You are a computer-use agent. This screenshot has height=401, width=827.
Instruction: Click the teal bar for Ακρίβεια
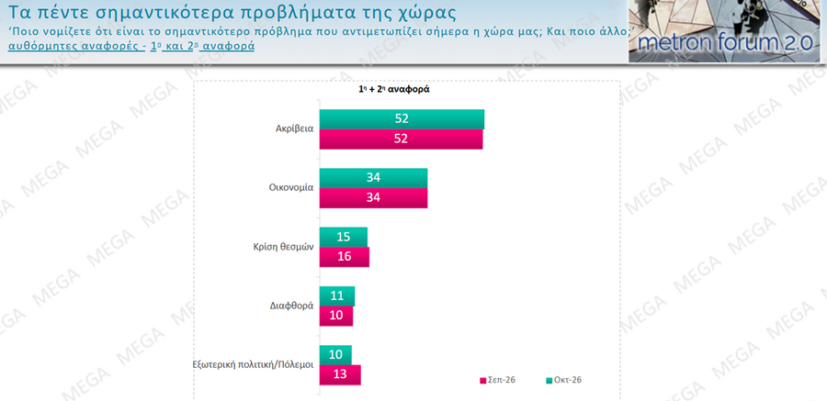pos(402,119)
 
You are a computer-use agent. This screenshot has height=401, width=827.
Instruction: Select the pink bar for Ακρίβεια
pos(402,139)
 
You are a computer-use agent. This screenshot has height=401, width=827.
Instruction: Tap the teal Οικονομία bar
pos(374,178)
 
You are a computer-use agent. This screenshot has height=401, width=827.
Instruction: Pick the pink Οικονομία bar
pos(374,198)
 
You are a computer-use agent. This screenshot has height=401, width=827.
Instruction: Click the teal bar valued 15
pos(344,237)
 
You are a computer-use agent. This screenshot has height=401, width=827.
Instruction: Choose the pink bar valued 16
pos(345,257)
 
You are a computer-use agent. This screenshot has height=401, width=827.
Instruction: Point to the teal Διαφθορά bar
pos(337,296)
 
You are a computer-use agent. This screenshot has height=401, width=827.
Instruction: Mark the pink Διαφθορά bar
pos(336,317)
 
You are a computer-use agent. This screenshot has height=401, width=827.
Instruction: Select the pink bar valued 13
pos(341,375)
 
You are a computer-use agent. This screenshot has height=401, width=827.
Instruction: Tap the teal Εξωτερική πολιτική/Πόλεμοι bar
pos(336,355)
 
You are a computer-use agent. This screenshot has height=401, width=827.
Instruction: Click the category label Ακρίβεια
pos(294,128)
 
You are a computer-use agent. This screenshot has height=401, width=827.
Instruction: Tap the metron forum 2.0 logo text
pos(725,44)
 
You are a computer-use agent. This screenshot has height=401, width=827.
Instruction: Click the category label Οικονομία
pos(289,187)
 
